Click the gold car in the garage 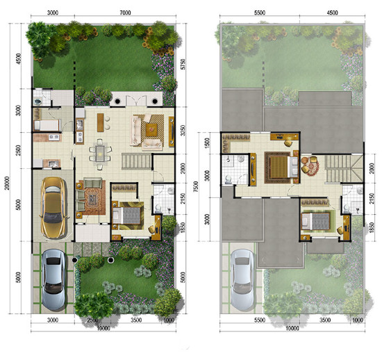tap(53, 208)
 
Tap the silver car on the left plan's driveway tap(53, 279)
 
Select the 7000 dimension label tap(125, 13)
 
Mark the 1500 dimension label tap(207, 143)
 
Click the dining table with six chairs tap(100, 154)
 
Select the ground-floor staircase tap(136, 161)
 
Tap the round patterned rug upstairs tap(311, 167)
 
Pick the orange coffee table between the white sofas tap(151, 130)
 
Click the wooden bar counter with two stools tap(101, 122)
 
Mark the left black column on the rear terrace tap(117, 101)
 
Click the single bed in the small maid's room tap(47, 125)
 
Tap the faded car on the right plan tap(242, 279)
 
